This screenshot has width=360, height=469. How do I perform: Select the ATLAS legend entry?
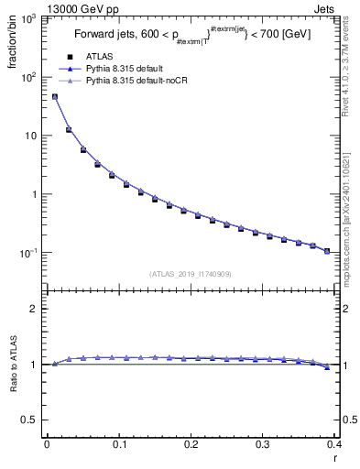click(x=99, y=57)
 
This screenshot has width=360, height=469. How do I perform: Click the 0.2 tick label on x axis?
click(x=191, y=446)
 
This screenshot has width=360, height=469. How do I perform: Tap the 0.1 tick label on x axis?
click(x=118, y=446)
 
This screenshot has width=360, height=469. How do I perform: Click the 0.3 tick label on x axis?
click(x=262, y=446)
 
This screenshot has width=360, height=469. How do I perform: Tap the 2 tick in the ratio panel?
click(x=35, y=309)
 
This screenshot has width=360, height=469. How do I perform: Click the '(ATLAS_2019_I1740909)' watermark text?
click(x=191, y=273)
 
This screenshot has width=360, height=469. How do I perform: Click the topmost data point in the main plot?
click(x=55, y=96)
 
